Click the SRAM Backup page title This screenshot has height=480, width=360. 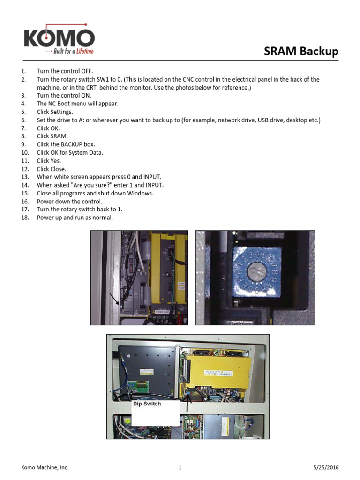[301, 51]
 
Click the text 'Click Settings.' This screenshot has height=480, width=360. [55, 112]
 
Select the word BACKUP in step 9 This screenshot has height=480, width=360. [72, 144]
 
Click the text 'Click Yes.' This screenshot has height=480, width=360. [49, 161]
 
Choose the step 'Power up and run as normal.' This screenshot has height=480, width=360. [75, 218]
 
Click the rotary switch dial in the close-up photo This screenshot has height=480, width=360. [255, 272]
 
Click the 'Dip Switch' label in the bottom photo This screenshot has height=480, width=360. [147, 404]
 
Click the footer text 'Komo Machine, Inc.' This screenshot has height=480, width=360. [45, 467]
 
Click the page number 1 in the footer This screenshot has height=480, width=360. [180, 467]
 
